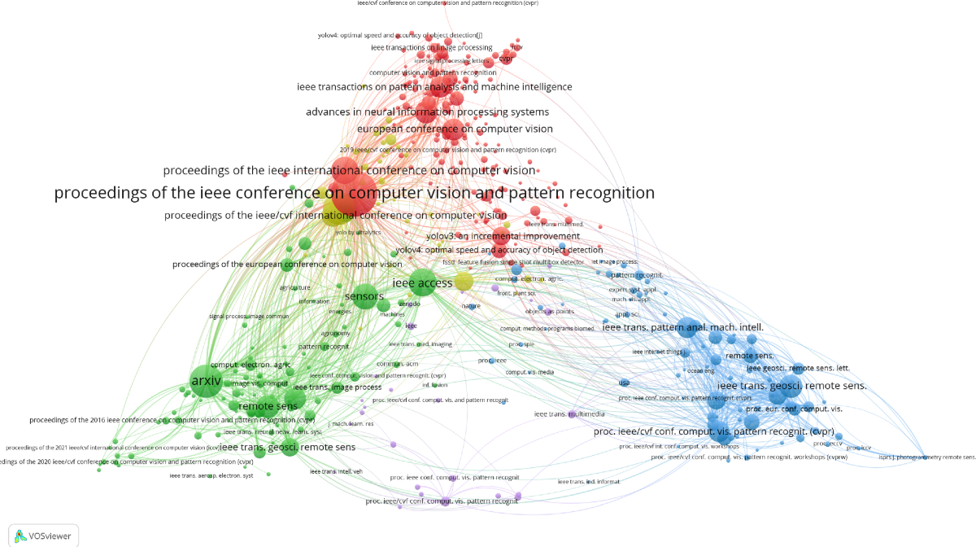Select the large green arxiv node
pos(205,380)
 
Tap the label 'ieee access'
pos(422,283)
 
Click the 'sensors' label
pos(364,296)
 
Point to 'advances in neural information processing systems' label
pos(427,112)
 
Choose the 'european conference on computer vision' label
pos(455,129)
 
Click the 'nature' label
pos(471,305)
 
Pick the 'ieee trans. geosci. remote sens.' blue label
pos(791,385)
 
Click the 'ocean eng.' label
pos(700,370)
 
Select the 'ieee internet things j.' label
pos(656,352)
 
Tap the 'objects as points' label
pos(549,312)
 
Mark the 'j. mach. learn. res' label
pos(351,424)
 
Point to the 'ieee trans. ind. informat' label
pos(588,482)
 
